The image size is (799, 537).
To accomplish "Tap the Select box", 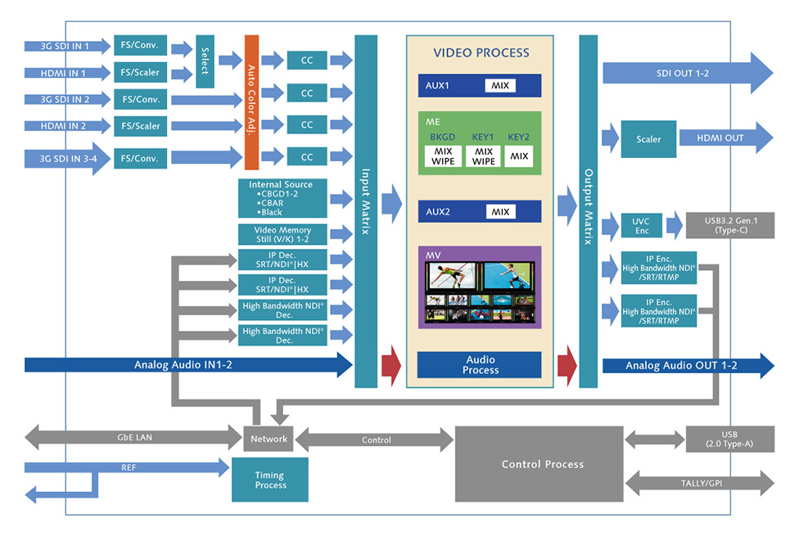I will pyautogui.click(x=205, y=61).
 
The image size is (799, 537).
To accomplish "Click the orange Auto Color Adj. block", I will pyautogui.click(x=251, y=102).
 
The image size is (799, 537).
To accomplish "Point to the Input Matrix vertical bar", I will pyautogui.click(x=366, y=211).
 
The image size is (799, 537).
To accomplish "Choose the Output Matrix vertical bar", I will pyautogui.click(x=588, y=211).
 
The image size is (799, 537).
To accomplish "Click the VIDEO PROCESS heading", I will pyautogui.click(x=481, y=53).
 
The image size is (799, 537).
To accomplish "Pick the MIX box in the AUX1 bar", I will pyautogui.click(x=500, y=85).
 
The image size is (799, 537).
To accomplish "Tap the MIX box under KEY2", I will pyautogui.click(x=519, y=156).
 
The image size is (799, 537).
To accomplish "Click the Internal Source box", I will pyautogui.click(x=281, y=198).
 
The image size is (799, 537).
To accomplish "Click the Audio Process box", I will pyautogui.click(x=481, y=365).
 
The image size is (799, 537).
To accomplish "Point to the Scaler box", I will pyautogui.click(x=648, y=139).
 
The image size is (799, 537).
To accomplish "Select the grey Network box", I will pyautogui.click(x=269, y=439).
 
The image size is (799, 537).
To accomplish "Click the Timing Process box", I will pyautogui.click(x=270, y=480).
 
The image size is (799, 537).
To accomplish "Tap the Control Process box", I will pyautogui.click(x=542, y=464).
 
